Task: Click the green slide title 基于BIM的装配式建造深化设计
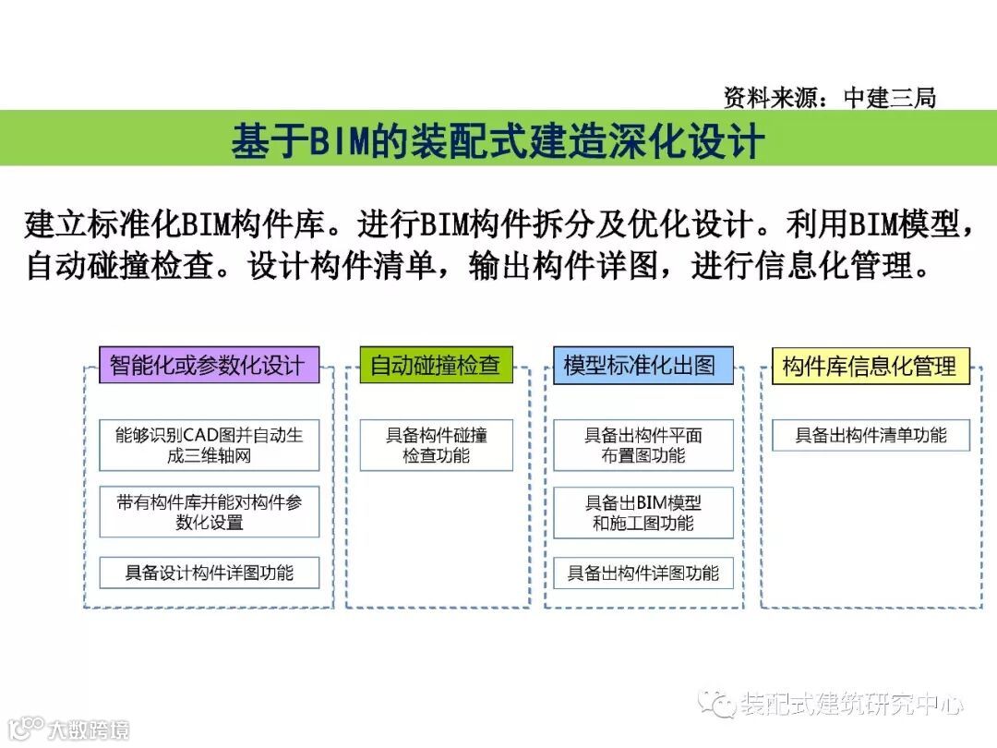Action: [x=498, y=140]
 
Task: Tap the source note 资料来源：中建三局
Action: [x=830, y=97]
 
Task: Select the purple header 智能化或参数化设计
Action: [x=208, y=365]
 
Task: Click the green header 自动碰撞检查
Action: [x=435, y=365]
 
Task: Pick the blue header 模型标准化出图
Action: [x=640, y=365]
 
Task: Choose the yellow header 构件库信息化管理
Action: [x=869, y=367]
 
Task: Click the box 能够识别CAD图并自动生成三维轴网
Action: [x=209, y=444]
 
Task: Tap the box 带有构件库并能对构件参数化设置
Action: [x=209, y=512]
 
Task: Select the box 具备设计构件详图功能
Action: [x=209, y=573]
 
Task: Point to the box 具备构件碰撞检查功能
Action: [x=436, y=444]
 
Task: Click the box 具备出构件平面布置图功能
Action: [x=643, y=444]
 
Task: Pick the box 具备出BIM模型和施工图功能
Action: [x=643, y=513]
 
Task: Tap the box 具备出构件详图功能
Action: [x=643, y=573]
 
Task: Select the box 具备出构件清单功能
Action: [x=871, y=435]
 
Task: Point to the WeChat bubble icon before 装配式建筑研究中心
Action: [x=716, y=705]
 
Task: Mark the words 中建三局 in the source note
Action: [x=889, y=97]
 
